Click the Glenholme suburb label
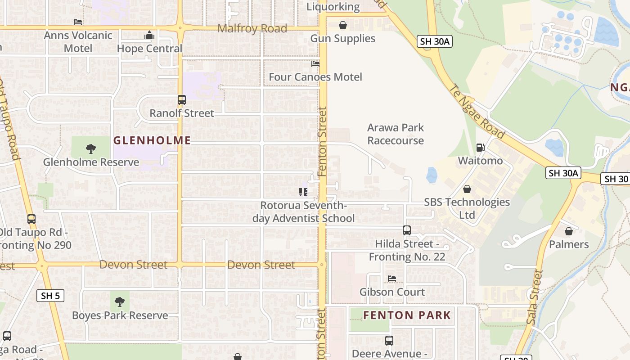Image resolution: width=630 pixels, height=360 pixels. click(152, 140)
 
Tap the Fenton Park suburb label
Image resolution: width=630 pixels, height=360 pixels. click(407, 315)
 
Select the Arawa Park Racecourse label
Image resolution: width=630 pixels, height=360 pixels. click(396, 134)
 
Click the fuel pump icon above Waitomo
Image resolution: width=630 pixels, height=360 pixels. click(480, 148)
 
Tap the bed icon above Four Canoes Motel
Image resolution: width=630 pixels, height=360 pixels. click(315, 64)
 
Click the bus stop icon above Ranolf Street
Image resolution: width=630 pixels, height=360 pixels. click(182, 100)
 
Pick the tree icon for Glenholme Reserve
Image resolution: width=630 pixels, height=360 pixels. click(91, 149)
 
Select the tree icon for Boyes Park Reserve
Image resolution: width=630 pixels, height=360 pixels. click(120, 301)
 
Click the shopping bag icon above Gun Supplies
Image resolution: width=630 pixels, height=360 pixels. click(343, 25)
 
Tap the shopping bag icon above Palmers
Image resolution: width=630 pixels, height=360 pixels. click(569, 231)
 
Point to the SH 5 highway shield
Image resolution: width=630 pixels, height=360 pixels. click(50, 296)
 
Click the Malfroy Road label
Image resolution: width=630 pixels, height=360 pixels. click(252, 29)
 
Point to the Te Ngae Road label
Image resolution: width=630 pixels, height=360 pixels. click(477, 112)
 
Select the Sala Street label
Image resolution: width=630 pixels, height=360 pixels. click(534, 297)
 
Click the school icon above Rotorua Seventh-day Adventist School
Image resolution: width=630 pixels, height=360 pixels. click(303, 193)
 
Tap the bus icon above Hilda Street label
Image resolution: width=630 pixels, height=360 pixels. click(407, 230)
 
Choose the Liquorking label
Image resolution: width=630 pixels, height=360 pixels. click(333, 7)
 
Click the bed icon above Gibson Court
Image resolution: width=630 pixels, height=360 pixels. click(392, 279)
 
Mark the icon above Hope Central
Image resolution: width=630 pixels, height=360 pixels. click(149, 36)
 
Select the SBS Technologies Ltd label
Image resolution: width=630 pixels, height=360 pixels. click(467, 208)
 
